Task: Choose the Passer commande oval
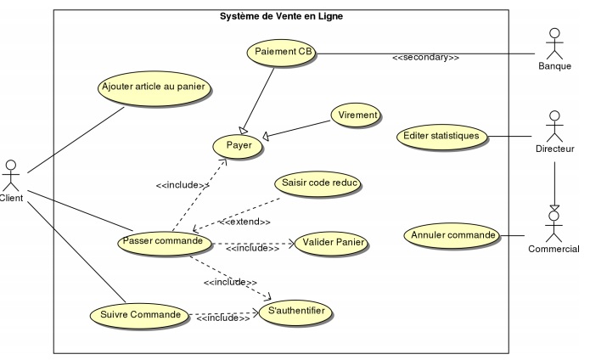162,241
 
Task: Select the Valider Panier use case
333,244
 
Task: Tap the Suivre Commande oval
137,314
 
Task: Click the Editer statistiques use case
441,135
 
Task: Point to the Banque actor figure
555,44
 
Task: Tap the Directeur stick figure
555,126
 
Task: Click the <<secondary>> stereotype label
425,59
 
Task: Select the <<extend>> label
245,222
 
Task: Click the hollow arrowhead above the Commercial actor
553,206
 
